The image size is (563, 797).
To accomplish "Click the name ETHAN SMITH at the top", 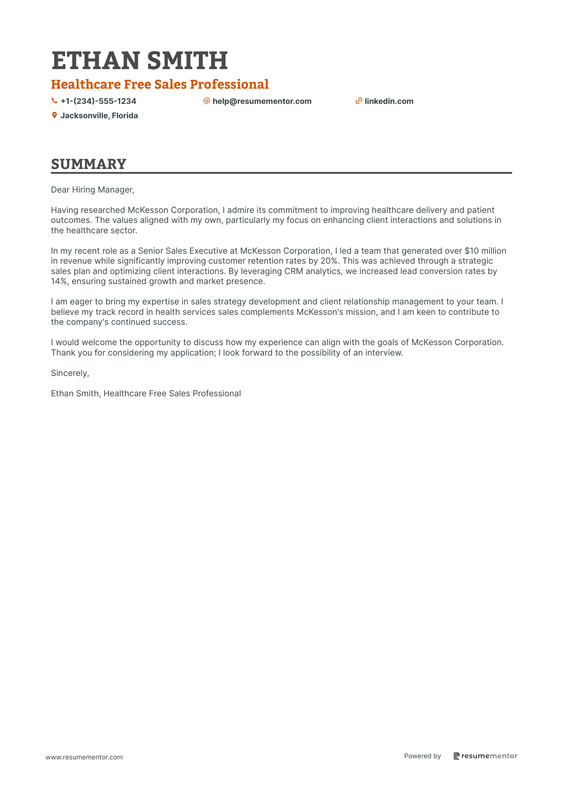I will pos(139,61).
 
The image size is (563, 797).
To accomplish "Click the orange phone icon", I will pos(54,101).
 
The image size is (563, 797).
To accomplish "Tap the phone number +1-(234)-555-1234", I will pos(98,101).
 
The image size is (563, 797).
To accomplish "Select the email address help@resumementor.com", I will pos(262,101).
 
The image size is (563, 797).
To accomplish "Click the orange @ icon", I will pos(206,101).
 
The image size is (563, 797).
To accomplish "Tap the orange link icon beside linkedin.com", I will pos(359,101).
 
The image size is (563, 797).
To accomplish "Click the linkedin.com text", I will pos(389,101).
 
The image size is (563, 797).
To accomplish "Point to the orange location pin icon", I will pos(54,115).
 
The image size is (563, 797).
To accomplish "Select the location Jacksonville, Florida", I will pos(99,115).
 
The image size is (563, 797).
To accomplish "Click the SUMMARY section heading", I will pos(89,164).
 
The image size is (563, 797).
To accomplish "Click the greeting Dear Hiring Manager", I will pos(93,190).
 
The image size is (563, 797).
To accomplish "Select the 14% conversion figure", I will pos(59,281).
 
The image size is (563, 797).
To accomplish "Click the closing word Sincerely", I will pos(70,373).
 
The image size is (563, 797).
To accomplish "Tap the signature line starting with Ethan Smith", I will pos(146,394).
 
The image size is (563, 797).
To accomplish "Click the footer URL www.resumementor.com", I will pos(84,757).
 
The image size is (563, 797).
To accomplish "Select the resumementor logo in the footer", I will pos(485,756).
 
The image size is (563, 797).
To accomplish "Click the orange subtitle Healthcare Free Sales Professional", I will pos(160,84).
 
